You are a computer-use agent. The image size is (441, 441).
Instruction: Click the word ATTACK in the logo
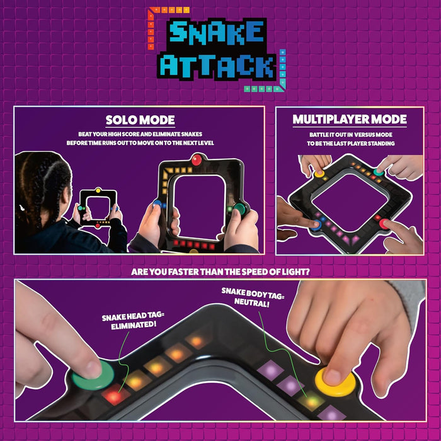tap(217, 66)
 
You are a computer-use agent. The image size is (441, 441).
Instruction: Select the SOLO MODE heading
tap(140, 120)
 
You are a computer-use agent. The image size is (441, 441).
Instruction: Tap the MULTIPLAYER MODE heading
tap(350, 119)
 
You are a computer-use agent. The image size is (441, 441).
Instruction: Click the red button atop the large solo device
tap(197, 160)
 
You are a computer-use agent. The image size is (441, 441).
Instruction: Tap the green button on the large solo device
tap(239, 210)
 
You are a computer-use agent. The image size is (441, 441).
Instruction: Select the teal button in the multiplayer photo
tap(379, 171)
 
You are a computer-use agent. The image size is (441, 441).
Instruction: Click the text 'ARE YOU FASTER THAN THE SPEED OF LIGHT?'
tap(220, 273)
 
